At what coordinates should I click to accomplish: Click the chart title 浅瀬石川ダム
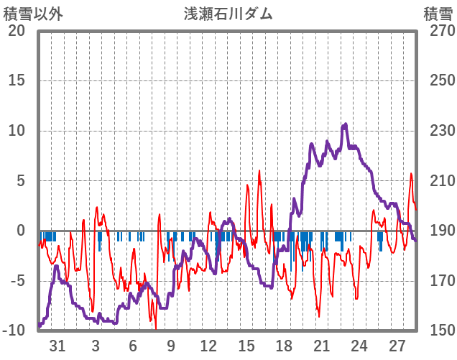228,14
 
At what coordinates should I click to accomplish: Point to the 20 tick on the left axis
17,31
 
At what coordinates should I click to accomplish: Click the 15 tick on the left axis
17,80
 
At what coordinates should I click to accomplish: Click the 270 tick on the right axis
438,31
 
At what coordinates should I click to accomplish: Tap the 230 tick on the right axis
438,131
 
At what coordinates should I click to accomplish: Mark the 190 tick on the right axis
438,231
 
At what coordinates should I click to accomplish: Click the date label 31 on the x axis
58,346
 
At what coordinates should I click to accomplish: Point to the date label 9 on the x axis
171,346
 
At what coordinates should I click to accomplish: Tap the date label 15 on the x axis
246,346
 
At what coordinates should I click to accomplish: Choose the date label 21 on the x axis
321,346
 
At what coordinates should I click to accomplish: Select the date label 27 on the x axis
397,346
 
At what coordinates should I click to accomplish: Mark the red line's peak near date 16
259,171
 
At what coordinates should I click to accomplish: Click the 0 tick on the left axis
21,231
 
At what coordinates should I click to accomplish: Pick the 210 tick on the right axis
438,181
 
